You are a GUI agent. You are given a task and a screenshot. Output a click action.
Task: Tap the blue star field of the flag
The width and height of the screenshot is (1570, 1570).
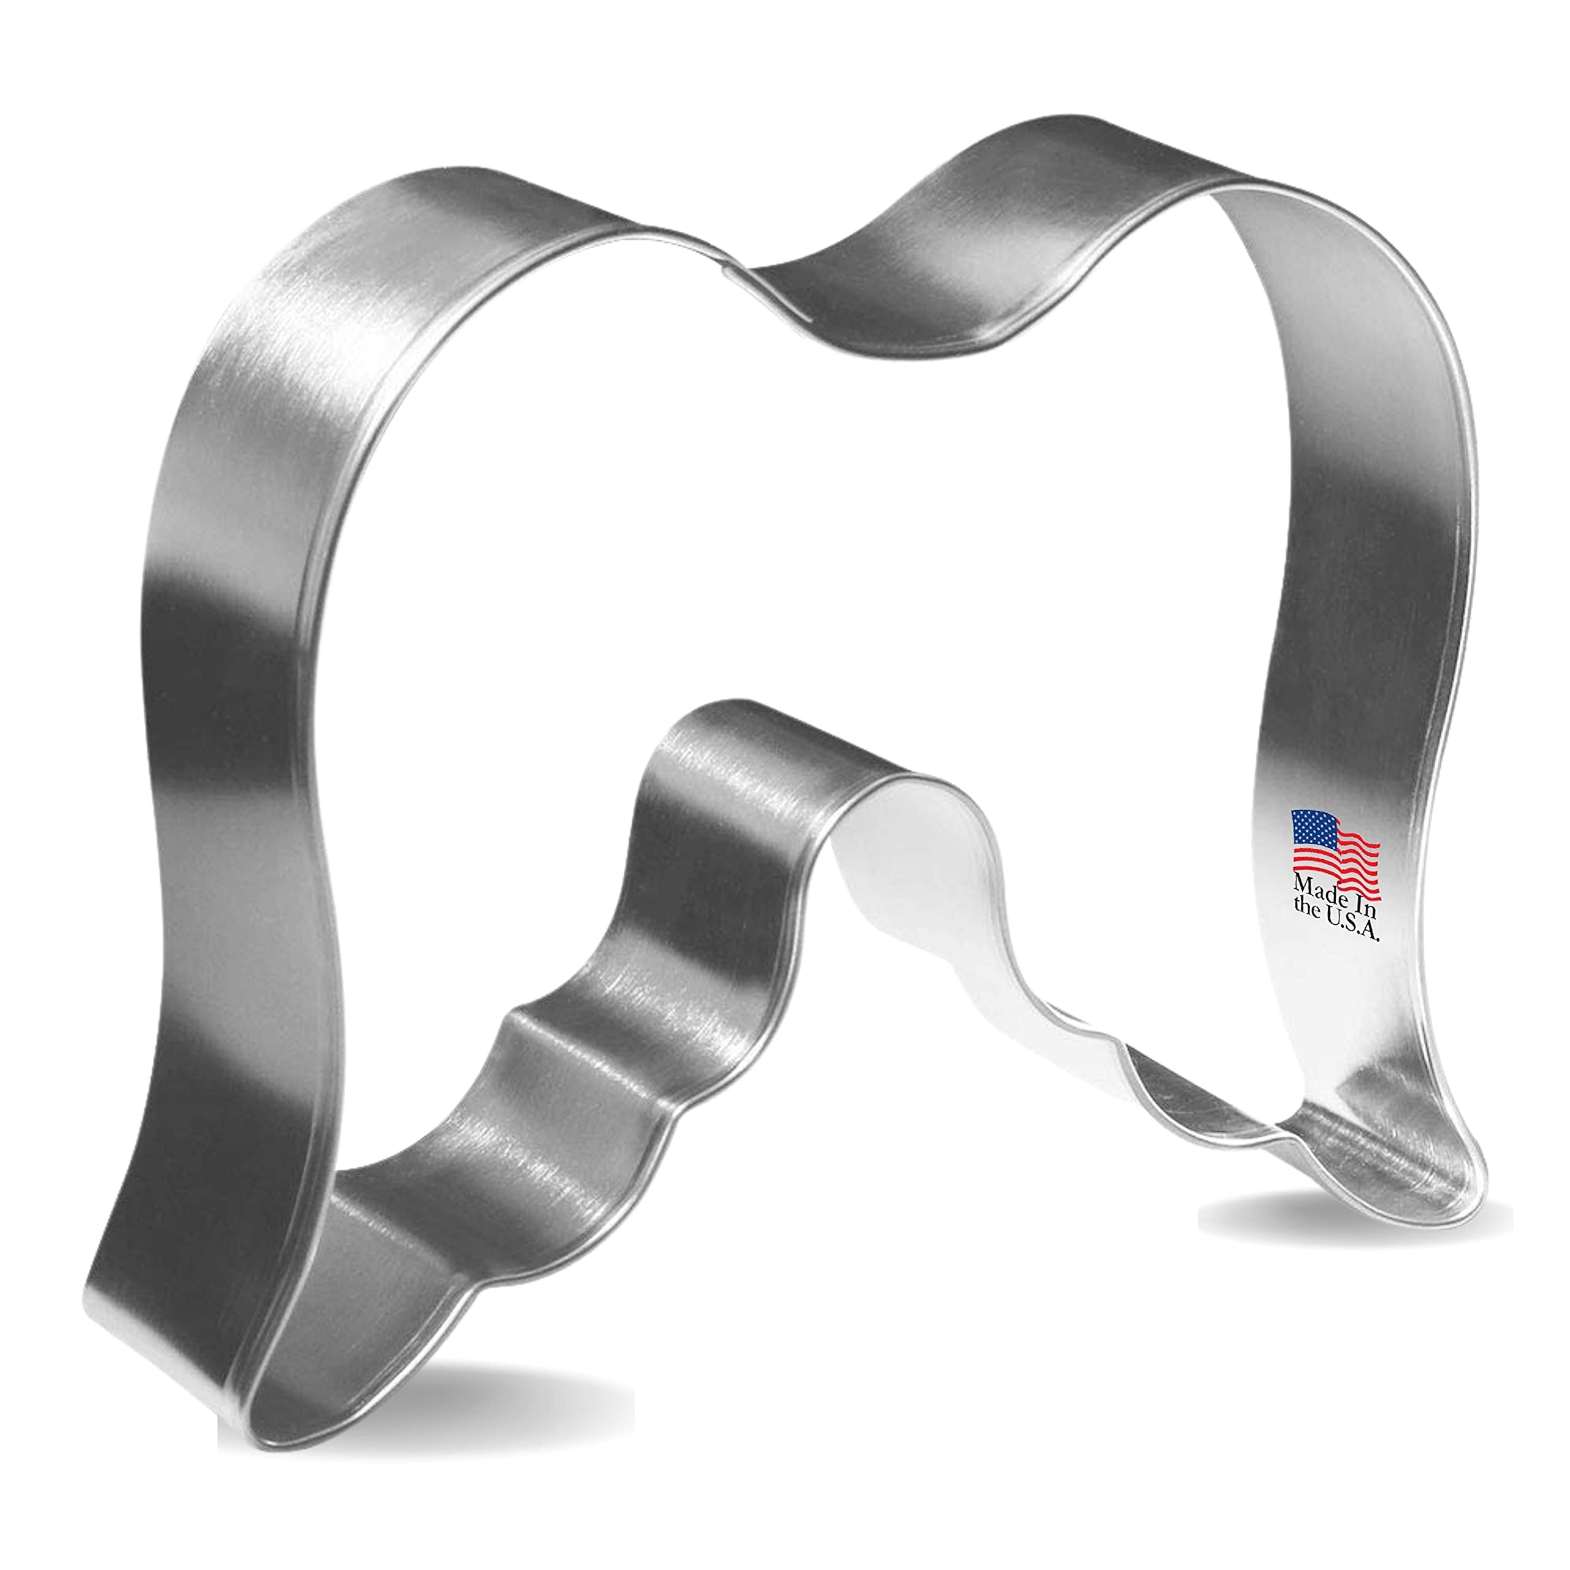[1312, 829]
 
